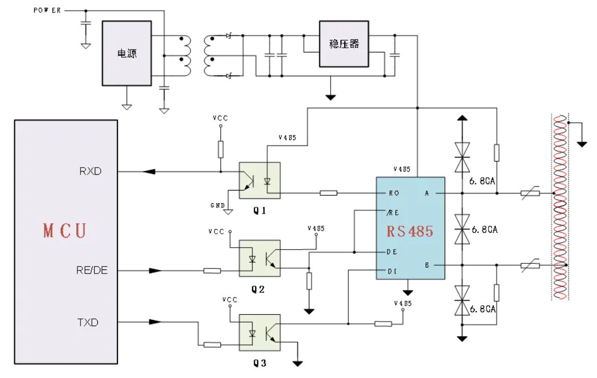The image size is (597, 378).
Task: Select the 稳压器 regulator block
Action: click(344, 44)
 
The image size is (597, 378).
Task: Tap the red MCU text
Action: click(64, 230)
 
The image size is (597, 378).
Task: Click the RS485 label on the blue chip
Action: click(410, 231)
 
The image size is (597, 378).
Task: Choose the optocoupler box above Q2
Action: click(259, 258)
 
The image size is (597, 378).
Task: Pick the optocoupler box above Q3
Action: click(259, 332)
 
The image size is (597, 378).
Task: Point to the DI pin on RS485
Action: click(392, 271)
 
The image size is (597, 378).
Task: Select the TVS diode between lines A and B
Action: click(463, 229)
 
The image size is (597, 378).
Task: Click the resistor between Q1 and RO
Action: click(329, 194)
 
